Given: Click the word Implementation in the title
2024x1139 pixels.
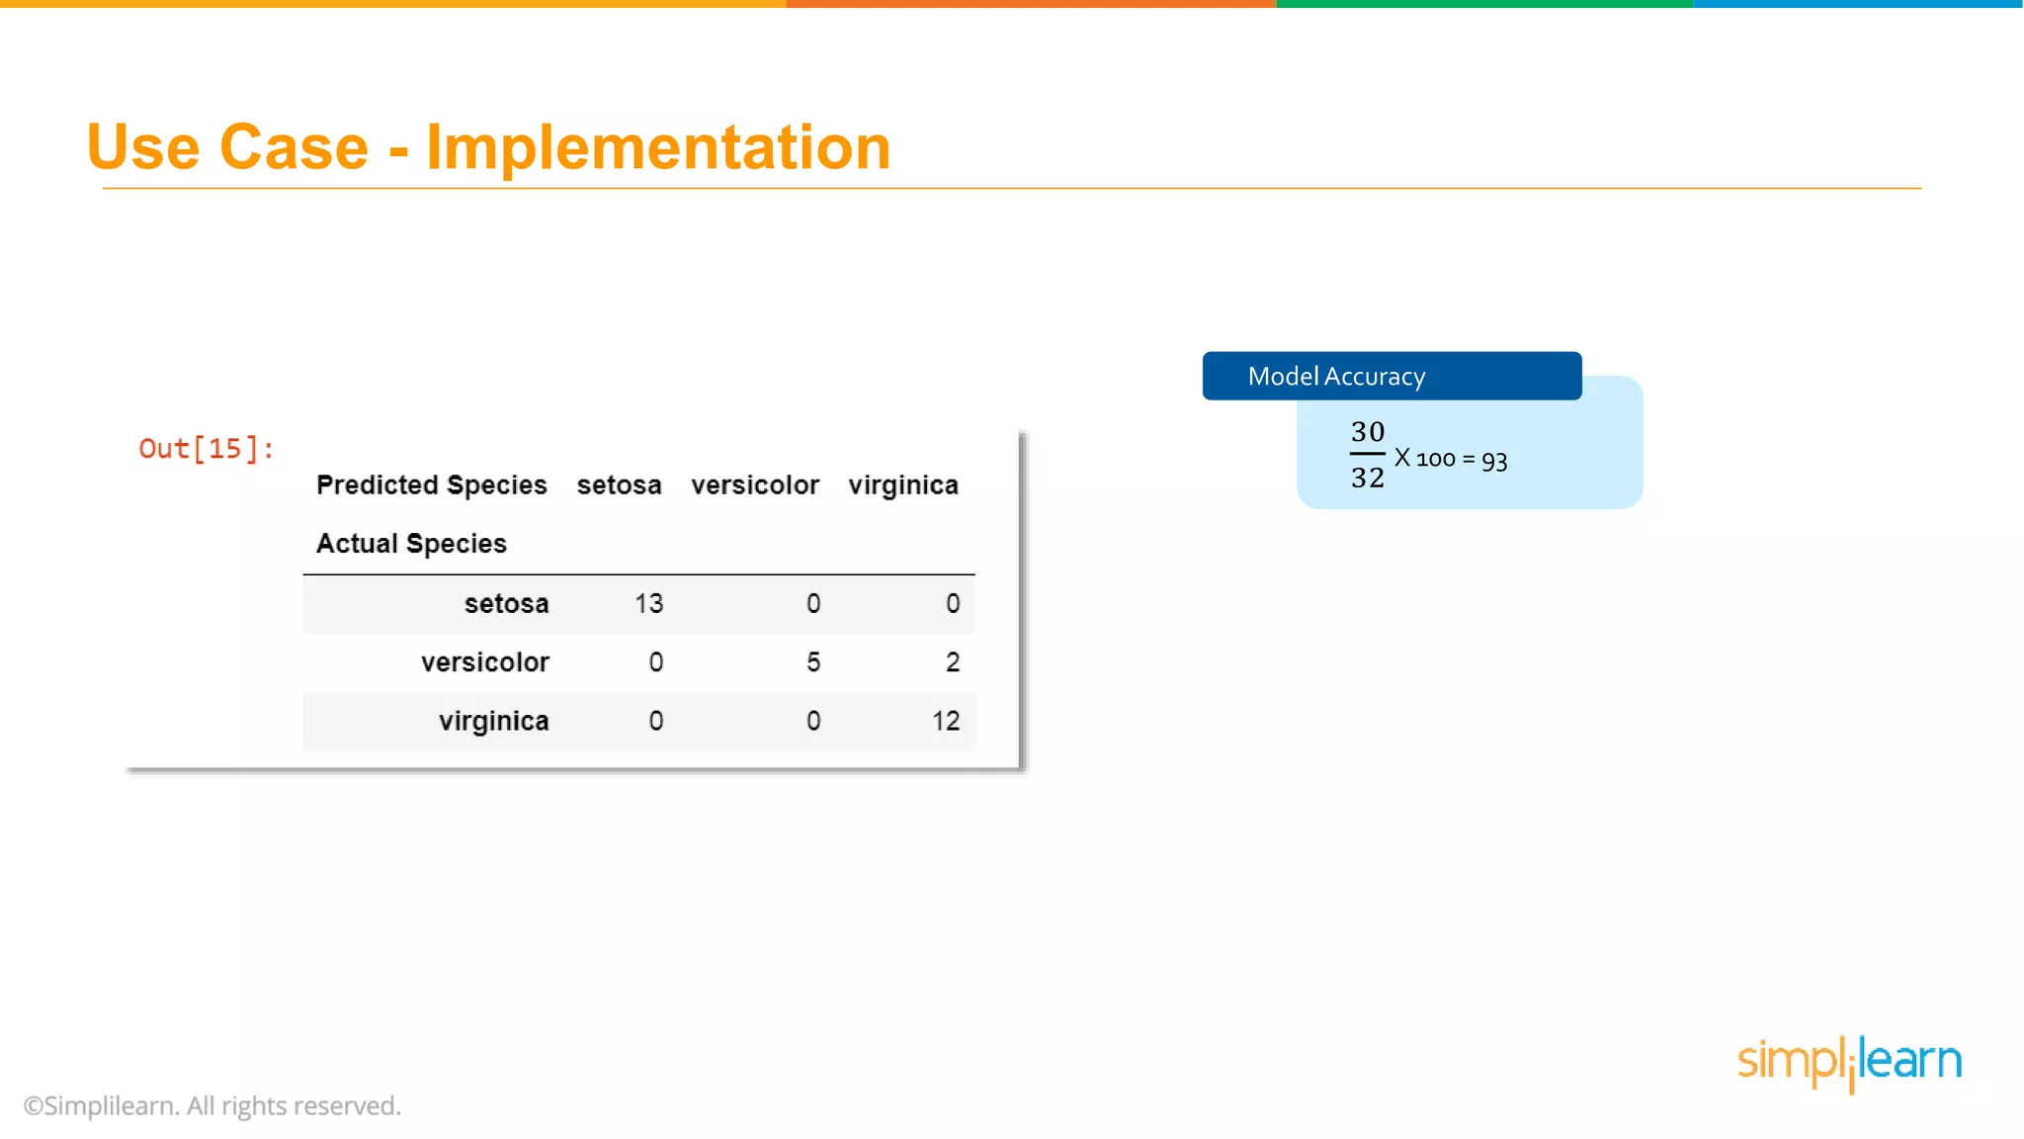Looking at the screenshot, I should [658, 148].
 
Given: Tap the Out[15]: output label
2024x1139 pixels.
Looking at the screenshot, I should [206, 449].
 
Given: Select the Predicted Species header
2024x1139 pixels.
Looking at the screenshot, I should [431, 485].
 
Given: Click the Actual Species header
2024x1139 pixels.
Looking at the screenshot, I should [411, 544].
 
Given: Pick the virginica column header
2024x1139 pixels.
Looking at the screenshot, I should [903, 485].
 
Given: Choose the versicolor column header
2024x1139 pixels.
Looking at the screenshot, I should [755, 485].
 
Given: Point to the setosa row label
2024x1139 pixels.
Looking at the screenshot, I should [506, 604].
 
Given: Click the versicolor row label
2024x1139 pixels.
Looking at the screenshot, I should [484, 662].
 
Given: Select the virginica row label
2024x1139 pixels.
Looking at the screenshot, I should [493, 721].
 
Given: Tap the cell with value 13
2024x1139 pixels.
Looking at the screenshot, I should [648, 604].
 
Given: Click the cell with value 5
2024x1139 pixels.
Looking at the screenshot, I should [813, 662].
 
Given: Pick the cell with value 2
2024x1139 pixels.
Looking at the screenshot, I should [953, 662].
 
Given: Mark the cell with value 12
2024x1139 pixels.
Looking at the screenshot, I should [946, 721].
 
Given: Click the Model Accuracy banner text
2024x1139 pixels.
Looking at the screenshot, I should [1336, 377].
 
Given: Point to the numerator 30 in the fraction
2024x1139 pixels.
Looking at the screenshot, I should [1368, 432].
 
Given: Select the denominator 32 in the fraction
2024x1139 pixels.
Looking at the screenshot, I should [1368, 478].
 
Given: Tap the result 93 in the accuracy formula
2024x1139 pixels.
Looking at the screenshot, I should [1494, 461].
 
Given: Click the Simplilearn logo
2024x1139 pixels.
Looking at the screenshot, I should [1849, 1062].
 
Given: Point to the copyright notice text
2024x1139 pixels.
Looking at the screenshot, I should [212, 1105].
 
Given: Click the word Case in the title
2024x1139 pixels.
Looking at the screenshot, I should [294, 148].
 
